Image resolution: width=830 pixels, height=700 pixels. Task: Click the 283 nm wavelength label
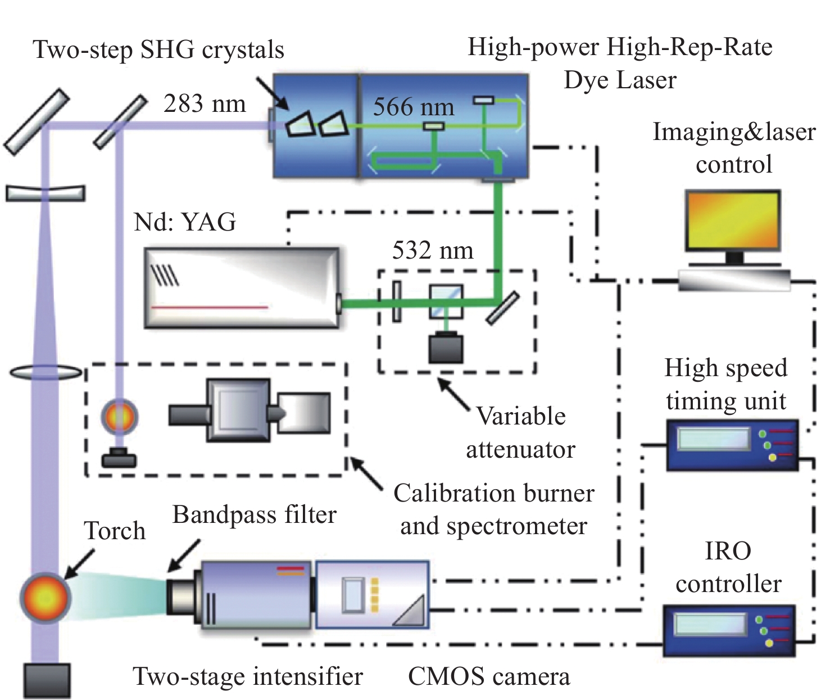coord(205,104)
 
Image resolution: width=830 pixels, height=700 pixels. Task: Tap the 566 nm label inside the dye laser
coord(414,107)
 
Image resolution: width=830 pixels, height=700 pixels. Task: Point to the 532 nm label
coord(433,250)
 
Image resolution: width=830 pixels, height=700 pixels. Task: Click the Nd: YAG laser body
coord(242,287)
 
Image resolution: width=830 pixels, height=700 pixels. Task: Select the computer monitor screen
coord(733,220)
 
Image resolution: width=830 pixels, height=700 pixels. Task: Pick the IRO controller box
coord(729,630)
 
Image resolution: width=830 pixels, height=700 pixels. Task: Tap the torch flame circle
coord(46,597)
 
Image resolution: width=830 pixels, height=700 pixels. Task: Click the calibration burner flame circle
coord(119,417)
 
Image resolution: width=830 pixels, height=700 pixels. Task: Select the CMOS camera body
coord(373,594)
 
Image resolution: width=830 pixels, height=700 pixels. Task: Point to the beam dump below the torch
coord(47,680)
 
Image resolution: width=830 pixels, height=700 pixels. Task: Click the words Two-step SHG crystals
coord(158,49)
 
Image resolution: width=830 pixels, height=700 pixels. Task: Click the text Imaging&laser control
coord(734,148)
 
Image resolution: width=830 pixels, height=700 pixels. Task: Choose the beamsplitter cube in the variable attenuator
coord(446,302)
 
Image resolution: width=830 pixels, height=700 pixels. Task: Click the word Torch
coord(115,531)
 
